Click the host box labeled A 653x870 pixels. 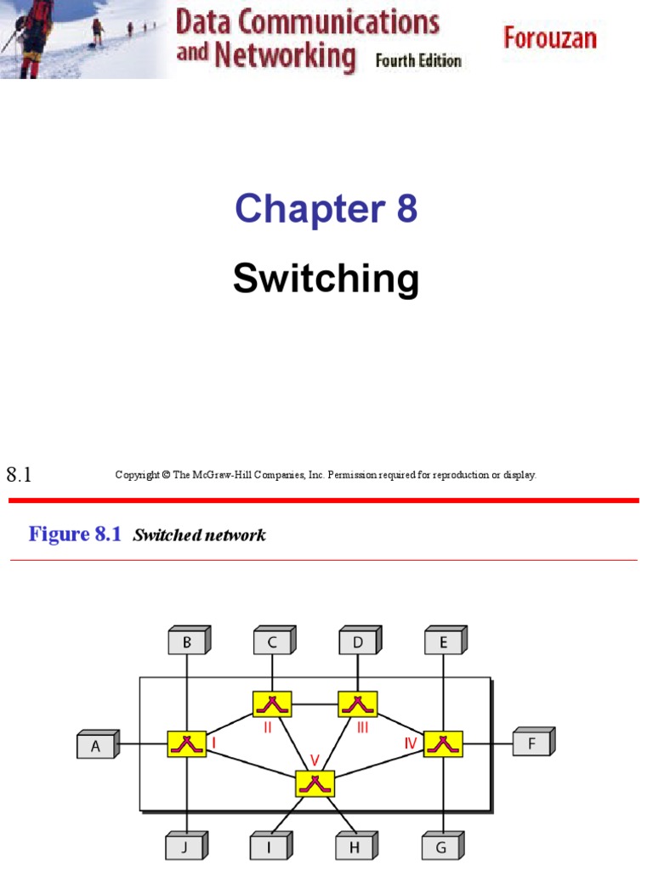(96, 746)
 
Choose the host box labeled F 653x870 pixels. (531, 744)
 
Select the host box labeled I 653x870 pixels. (270, 846)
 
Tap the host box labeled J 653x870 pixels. (185, 846)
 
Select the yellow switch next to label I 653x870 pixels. (187, 745)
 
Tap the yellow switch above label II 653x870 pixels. (272, 703)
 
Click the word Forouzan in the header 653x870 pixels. (550, 38)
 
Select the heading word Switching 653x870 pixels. (326, 279)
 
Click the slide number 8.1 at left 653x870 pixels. (19, 476)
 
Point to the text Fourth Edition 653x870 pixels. (418, 61)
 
